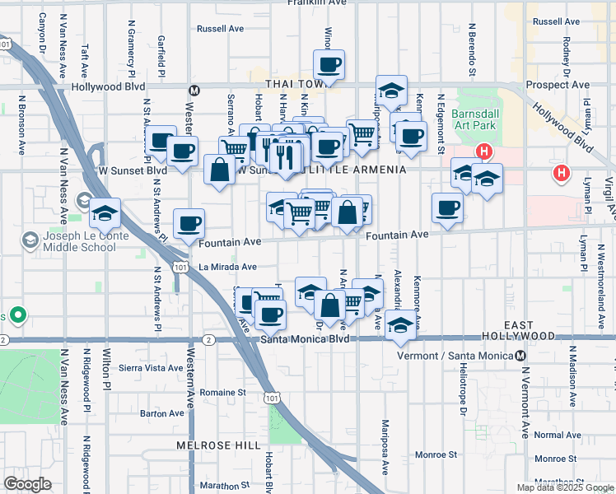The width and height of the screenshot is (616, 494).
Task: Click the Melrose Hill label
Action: (x=207, y=445)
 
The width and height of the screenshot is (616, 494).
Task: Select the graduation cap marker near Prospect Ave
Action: (x=391, y=89)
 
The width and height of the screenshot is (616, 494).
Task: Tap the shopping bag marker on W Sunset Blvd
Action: (x=220, y=171)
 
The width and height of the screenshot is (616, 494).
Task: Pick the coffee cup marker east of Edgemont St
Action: (x=447, y=207)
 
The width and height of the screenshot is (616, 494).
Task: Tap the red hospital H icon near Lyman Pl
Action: (x=562, y=173)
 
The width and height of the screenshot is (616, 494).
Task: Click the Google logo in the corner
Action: (x=27, y=483)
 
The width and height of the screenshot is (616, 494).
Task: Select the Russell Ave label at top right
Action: (x=556, y=21)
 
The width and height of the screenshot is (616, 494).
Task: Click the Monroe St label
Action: (x=436, y=454)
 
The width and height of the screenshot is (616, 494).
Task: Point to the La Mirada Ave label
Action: (x=228, y=267)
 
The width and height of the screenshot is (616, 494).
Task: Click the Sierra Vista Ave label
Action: (x=149, y=367)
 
